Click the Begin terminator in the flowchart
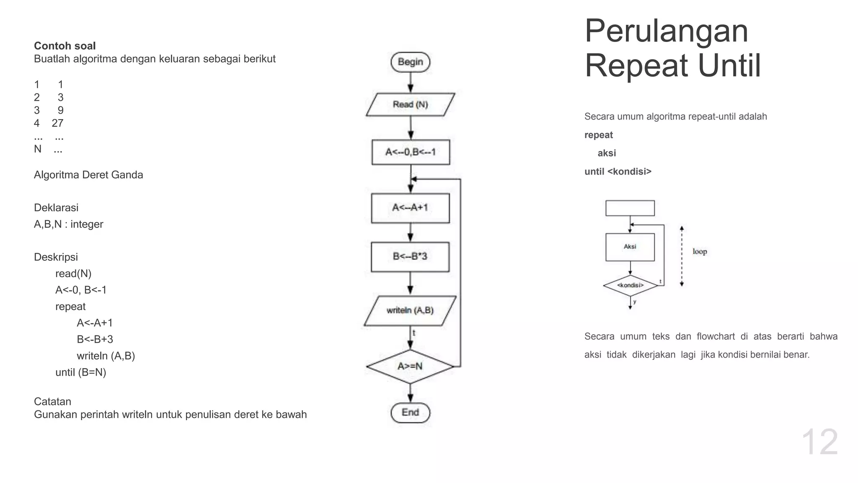click(410, 62)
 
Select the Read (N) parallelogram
click(410, 104)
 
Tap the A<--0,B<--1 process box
click(411, 152)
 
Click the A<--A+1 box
click(410, 208)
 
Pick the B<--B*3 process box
click(410, 256)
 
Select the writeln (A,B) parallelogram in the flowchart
click(410, 311)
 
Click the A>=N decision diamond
click(410, 366)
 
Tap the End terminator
click(410, 413)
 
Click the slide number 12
click(819, 442)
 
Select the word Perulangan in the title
click(666, 31)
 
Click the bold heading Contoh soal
click(65, 46)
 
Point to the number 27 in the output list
click(57, 123)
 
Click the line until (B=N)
click(80, 372)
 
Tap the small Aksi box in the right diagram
click(630, 247)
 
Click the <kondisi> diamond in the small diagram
click(630, 286)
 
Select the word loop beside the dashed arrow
click(700, 252)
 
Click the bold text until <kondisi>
click(618, 171)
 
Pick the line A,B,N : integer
click(68, 224)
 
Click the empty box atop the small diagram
click(630, 208)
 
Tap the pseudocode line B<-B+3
click(95, 339)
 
